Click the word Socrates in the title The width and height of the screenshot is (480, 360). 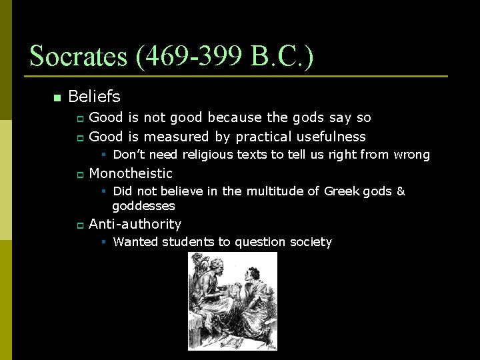tap(79, 57)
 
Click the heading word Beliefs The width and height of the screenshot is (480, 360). tap(94, 97)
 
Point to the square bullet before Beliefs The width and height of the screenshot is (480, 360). tap(57, 98)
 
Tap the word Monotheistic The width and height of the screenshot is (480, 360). tap(131, 173)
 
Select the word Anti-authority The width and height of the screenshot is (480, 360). tap(135, 224)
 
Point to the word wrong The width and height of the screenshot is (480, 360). tap(412, 155)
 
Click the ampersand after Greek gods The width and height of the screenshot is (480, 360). tap(401, 191)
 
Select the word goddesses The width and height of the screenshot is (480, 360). tap(143, 206)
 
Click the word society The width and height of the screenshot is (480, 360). tap(309, 242)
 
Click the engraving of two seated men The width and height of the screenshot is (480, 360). tap(232, 301)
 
